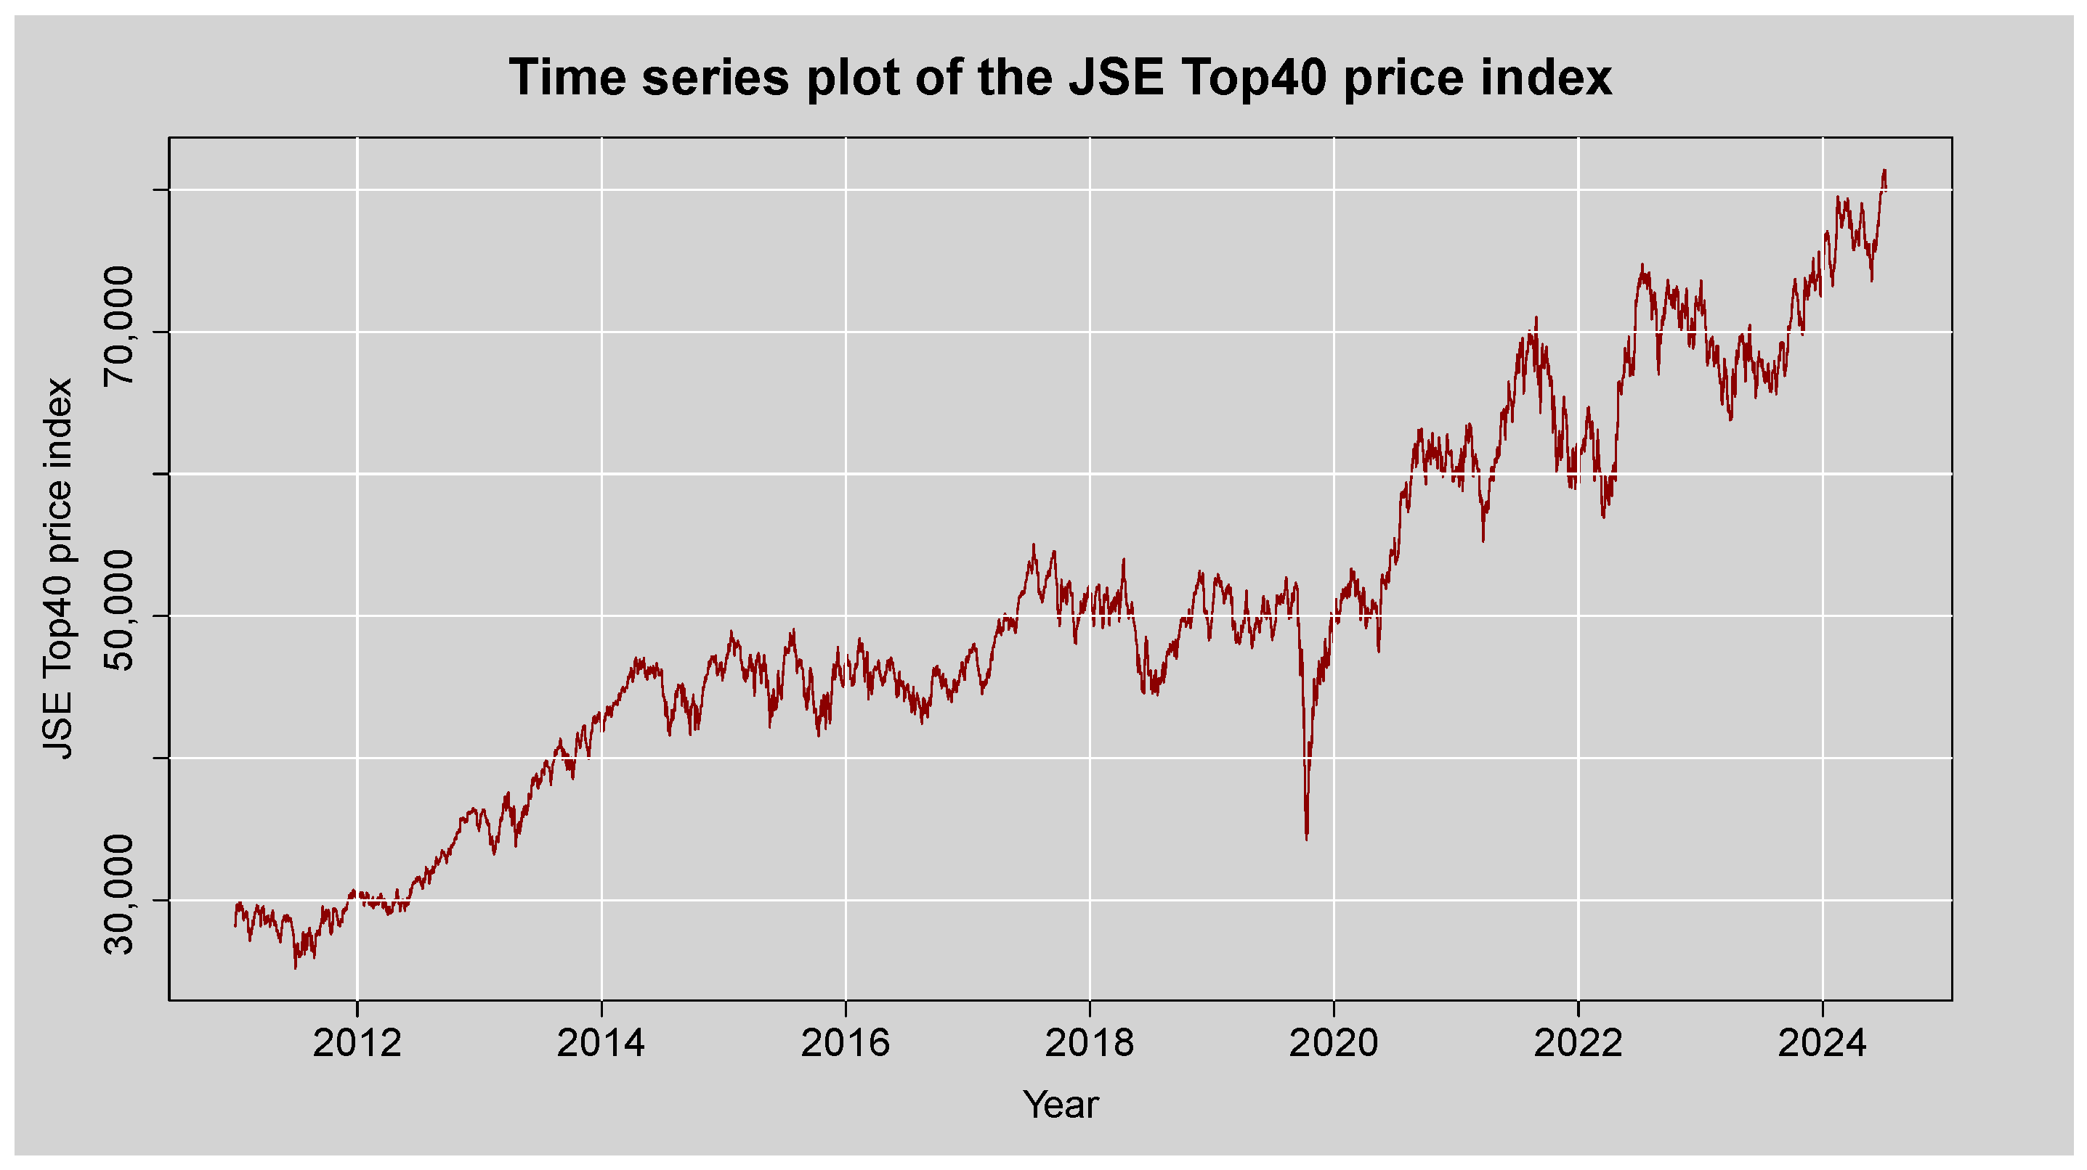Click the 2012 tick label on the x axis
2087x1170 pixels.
pos(357,1043)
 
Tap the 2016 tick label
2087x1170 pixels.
pos(845,1043)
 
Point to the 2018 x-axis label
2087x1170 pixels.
pos(1089,1043)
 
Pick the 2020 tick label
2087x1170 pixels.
pos(1334,1043)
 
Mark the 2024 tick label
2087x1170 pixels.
pos(1822,1043)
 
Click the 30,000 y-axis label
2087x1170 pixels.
pos(120,896)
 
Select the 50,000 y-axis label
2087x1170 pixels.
pos(120,611)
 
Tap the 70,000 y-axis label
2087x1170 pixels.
pos(120,327)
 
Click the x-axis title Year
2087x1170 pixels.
pos(1061,1105)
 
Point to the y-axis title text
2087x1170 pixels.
pos(58,568)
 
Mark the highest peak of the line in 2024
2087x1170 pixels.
pos(1884,170)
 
